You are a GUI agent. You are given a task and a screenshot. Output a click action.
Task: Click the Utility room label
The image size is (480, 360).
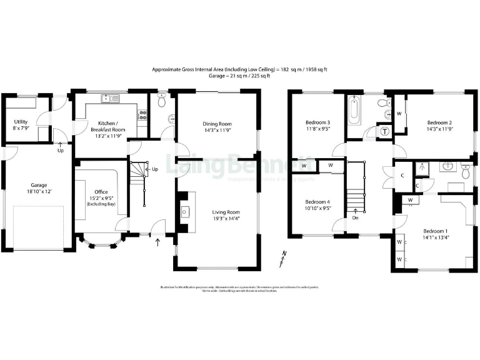[x=21, y=122]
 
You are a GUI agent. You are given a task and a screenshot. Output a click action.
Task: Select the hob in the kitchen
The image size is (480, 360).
[x=142, y=114]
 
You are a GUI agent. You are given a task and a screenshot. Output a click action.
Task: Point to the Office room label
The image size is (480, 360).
[x=101, y=191]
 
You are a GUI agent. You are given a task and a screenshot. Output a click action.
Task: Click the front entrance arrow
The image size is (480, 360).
[x=156, y=241]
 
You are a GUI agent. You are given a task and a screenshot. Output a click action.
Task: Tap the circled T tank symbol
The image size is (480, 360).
[x=384, y=131]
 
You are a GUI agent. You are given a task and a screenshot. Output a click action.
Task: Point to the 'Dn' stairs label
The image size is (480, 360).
[x=356, y=217]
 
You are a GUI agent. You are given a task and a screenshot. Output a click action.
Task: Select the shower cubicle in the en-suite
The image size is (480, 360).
[x=424, y=167]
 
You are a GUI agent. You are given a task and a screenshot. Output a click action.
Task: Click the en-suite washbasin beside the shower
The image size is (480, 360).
[x=447, y=167]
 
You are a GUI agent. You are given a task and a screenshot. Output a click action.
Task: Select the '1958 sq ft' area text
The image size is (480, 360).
[x=316, y=69]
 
